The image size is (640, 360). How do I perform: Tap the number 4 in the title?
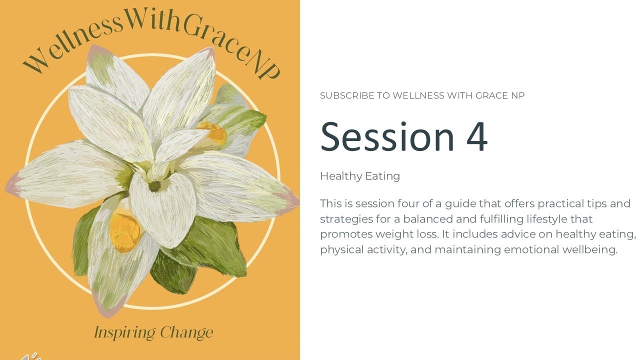point(477,136)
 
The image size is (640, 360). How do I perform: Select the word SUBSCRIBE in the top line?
point(347,95)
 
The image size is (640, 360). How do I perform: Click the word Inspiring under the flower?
point(124,332)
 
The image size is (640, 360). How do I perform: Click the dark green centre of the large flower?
point(154,186)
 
